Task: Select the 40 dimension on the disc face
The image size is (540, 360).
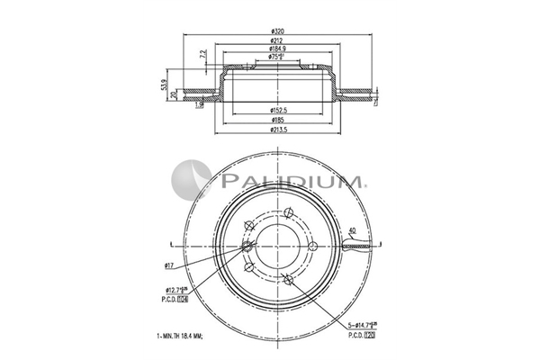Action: [x=352, y=232]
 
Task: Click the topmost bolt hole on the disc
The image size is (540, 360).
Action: [x=287, y=213]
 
